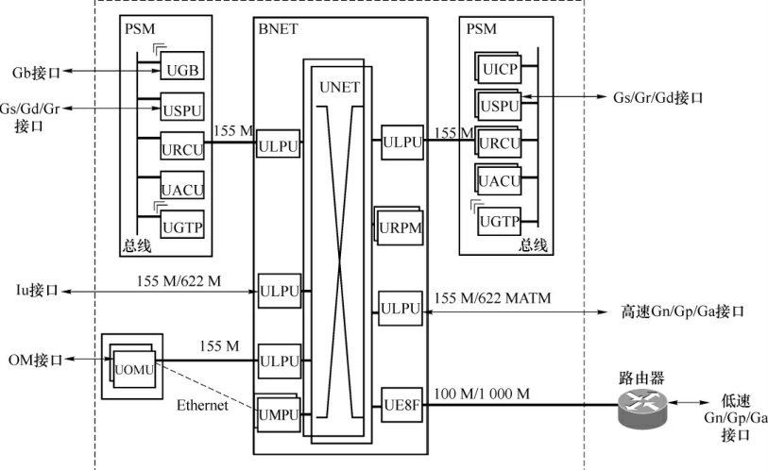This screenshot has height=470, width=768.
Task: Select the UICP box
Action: tap(499, 71)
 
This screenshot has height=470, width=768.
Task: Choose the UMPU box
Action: tap(280, 412)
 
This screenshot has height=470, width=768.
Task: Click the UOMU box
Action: tap(135, 365)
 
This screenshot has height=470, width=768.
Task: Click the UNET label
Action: tap(340, 87)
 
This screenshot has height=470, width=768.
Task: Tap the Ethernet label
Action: tap(203, 406)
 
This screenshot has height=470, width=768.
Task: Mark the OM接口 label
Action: tap(35, 361)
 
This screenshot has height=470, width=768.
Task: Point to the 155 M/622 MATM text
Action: tap(492, 299)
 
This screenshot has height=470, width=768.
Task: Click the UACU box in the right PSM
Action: tap(499, 180)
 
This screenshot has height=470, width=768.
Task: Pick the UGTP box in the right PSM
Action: tap(499, 222)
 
